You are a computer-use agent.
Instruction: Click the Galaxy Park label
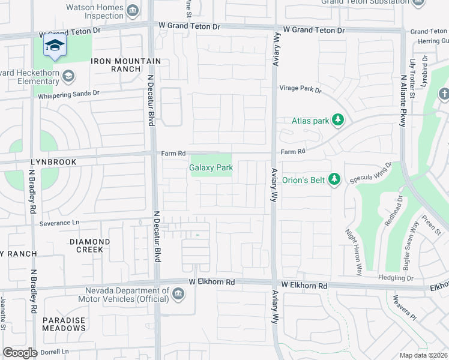pos(211,168)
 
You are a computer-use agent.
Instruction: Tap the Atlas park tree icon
pos(338,121)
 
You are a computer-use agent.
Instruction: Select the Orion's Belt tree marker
pos(336,179)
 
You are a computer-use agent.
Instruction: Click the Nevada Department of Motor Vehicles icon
pos(178,293)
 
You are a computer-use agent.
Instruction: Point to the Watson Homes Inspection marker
pos(133,10)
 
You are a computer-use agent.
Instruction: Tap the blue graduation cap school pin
pos(55,46)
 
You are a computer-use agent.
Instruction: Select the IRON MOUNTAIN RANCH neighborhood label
pos(125,65)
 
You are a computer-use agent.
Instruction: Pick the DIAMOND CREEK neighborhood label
pos(89,245)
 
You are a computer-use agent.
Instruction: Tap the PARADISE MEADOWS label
pos(64,324)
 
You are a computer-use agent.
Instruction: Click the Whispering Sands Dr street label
pos(68,94)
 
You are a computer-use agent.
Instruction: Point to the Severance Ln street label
pos(59,223)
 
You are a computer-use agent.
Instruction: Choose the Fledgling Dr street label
pos(393,278)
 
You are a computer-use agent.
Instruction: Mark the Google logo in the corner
pos(20,353)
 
